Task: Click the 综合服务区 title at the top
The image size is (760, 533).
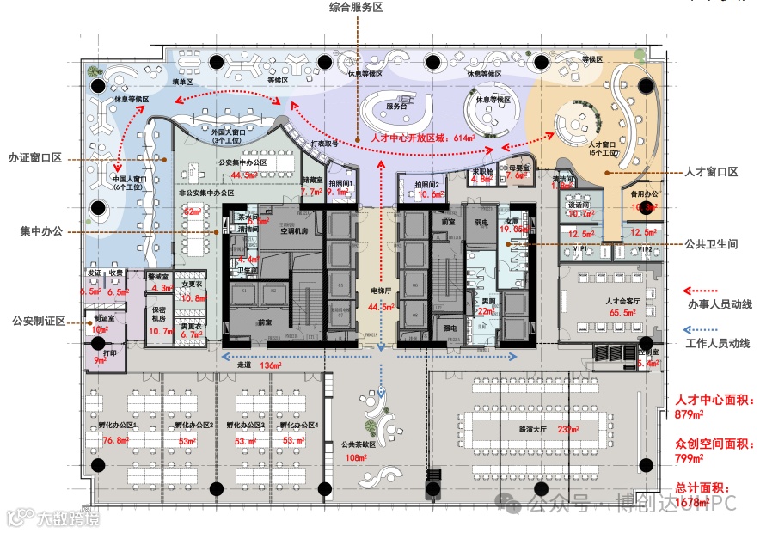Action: (x=355, y=7)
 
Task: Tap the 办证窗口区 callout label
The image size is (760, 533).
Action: (x=35, y=158)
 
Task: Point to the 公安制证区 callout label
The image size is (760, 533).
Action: (x=39, y=321)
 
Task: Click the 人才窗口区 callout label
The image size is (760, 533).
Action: (x=710, y=172)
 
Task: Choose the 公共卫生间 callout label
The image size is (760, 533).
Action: (x=711, y=243)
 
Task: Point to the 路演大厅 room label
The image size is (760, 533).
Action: (x=534, y=428)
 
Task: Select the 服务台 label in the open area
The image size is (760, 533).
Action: (x=395, y=107)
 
